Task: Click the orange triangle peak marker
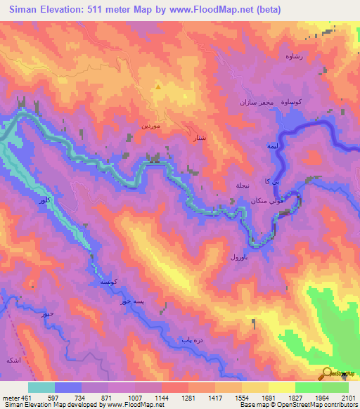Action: [158, 88]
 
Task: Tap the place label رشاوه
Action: [292, 56]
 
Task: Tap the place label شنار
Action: [199, 138]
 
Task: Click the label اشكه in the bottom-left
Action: [13, 359]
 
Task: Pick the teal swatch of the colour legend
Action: [41, 387]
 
